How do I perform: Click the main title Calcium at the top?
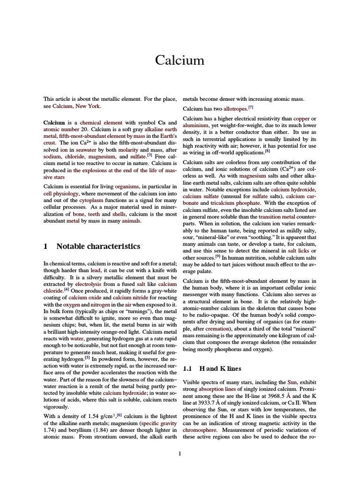coord(180,60)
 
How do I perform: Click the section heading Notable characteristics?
coord(98,246)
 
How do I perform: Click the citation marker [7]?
coord(251,107)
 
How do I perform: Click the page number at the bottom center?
coord(180,453)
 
